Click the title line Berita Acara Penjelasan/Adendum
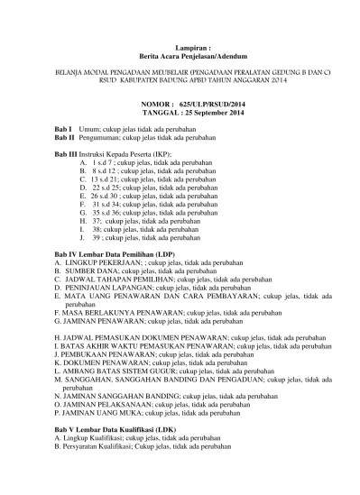point(180,53)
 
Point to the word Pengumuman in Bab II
point(99,141)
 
